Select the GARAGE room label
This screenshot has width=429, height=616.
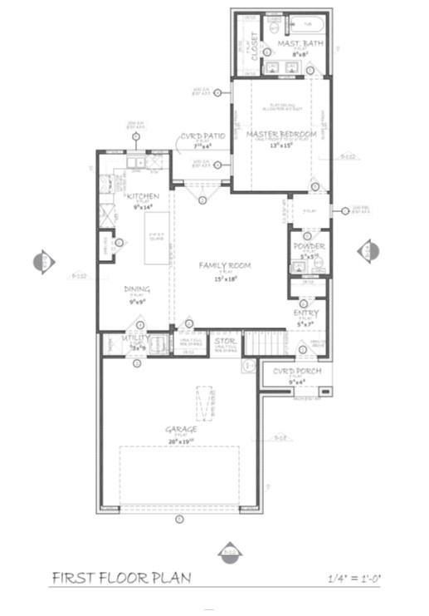[x=181, y=429]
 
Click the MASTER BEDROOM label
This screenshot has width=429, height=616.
[x=281, y=134]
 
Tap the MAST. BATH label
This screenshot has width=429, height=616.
[x=295, y=43]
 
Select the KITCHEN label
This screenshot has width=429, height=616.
[x=143, y=196]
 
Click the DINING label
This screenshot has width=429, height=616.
[x=137, y=289]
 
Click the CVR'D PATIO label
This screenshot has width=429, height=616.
[x=203, y=136]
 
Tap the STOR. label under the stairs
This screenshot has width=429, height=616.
[x=224, y=341]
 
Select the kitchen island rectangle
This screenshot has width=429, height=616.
[x=157, y=239]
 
